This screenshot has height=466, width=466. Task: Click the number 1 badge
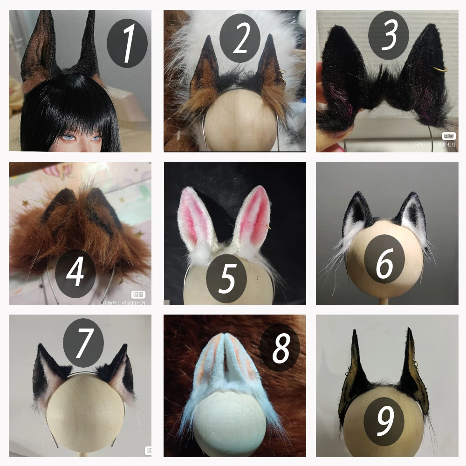[x=127, y=43]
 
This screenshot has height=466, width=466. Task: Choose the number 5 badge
[x=227, y=278]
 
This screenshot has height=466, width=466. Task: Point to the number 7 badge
[x=83, y=343]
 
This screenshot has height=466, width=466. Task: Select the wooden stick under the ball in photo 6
[x=385, y=298]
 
